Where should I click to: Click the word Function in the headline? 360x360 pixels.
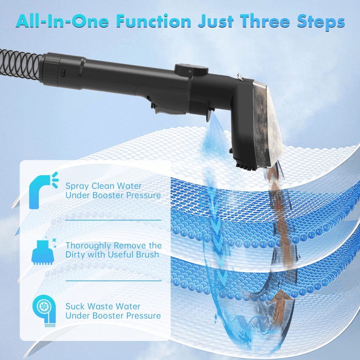tap(154, 21)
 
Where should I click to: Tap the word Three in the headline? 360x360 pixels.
tap(265, 21)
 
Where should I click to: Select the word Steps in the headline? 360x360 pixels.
tap(321, 22)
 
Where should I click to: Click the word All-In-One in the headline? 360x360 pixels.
tap(62, 21)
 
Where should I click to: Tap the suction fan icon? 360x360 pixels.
tap(44, 310)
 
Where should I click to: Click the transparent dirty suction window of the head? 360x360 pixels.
tap(268, 124)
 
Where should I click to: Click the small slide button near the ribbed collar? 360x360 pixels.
tap(63, 72)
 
